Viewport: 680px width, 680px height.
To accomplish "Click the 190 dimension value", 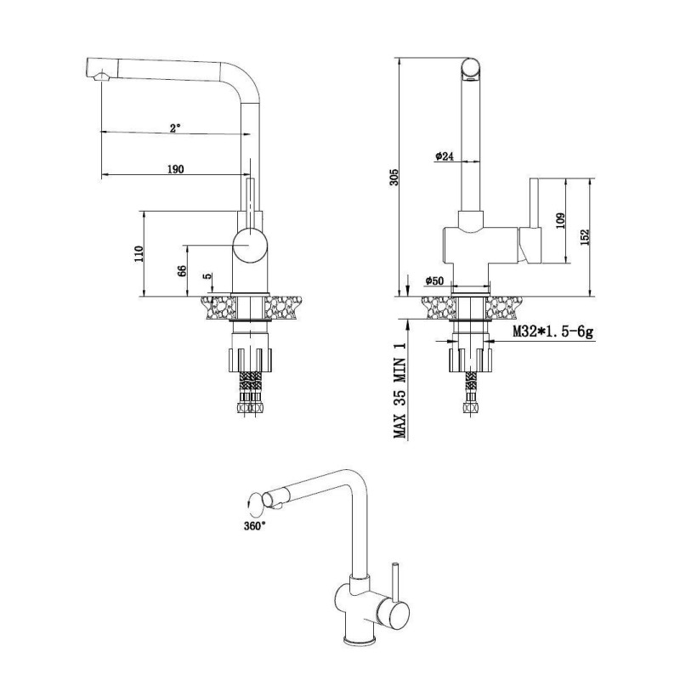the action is click(176, 168).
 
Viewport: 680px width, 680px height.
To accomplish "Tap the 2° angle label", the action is click(175, 128).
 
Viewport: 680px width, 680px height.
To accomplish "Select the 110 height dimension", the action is click(139, 253).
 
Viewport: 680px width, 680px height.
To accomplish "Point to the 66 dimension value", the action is click(183, 270).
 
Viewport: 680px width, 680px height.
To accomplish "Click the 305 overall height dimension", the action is click(394, 177).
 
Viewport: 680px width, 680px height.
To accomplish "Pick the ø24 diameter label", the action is click(444, 156).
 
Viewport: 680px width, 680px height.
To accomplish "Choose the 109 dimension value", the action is click(560, 221).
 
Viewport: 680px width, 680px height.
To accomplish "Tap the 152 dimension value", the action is click(585, 237).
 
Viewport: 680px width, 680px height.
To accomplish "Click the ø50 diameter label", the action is click(434, 280).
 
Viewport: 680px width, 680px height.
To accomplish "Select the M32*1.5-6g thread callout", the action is click(553, 331).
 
